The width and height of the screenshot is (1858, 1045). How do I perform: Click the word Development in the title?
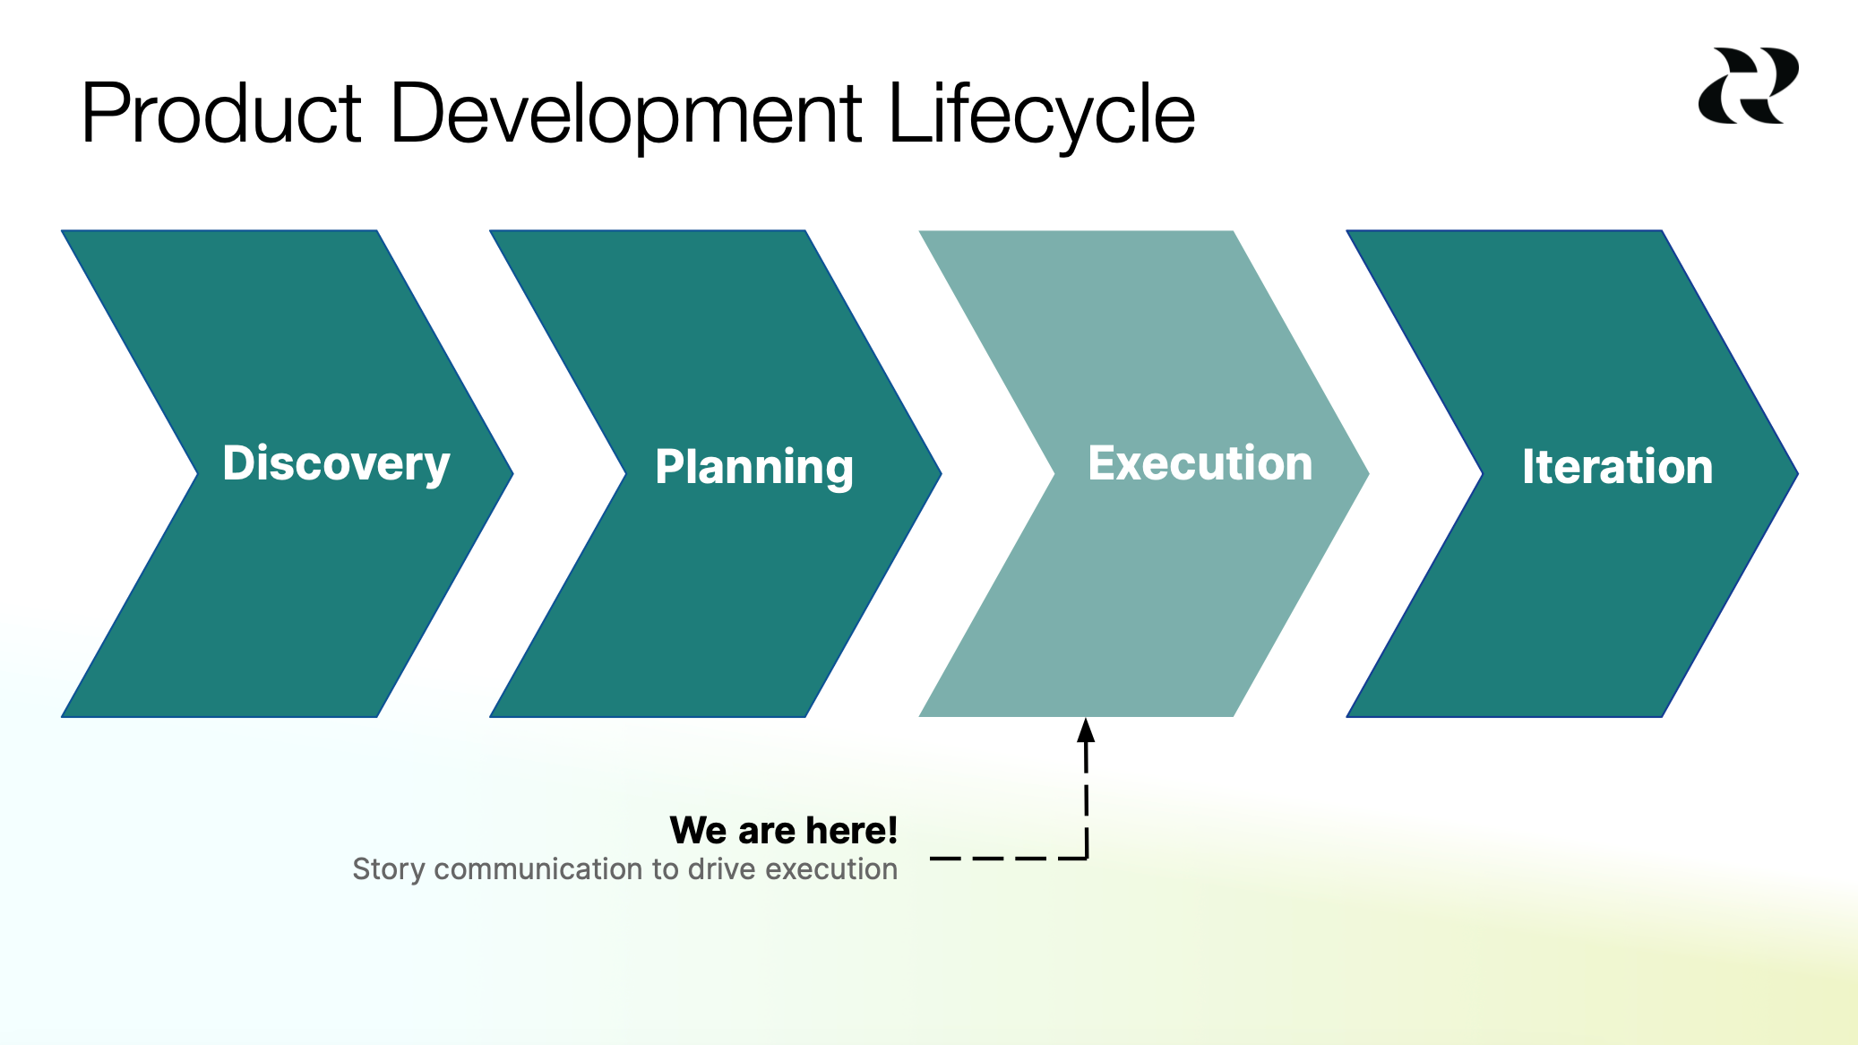click(626, 114)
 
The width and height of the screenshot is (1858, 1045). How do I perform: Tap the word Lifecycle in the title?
click(1041, 114)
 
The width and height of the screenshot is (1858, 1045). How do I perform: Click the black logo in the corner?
click(1748, 86)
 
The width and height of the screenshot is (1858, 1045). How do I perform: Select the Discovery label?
click(336, 463)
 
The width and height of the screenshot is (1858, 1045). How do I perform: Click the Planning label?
click(754, 467)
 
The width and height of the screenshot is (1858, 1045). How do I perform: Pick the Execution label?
click(1200, 463)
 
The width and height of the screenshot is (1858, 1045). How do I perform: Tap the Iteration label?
click(1617, 467)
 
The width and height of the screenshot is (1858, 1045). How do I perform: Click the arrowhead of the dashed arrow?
click(1086, 730)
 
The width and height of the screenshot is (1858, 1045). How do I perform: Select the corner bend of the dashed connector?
click(1086, 858)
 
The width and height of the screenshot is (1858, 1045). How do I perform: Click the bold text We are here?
click(783, 830)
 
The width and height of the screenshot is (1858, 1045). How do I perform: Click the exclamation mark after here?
click(892, 830)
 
